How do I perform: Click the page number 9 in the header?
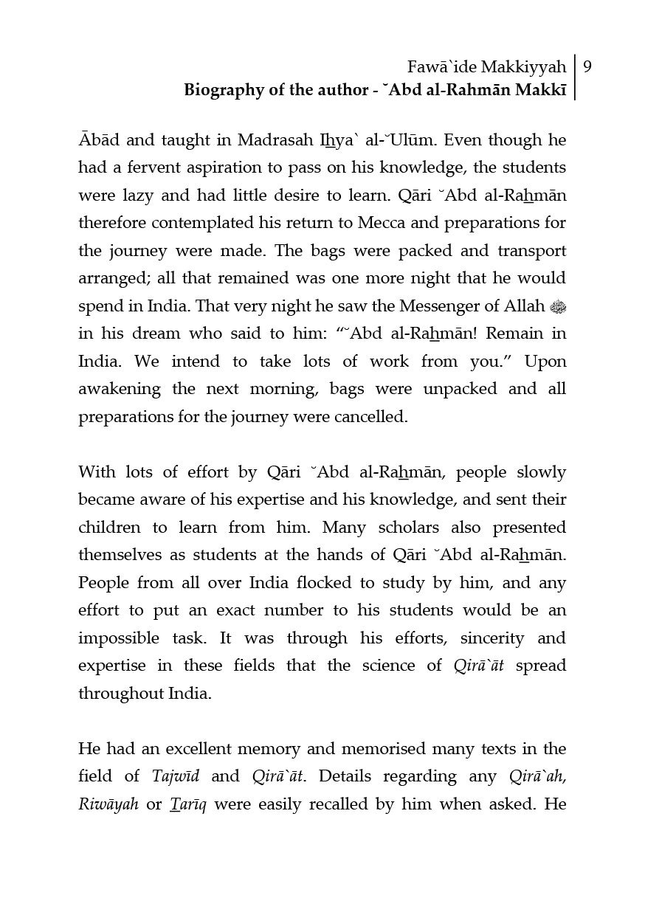click(x=587, y=67)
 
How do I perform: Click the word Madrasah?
click(x=274, y=140)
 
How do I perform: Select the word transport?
click(x=531, y=251)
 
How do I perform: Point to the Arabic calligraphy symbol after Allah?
click(x=557, y=306)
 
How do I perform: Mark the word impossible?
click(x=120, y=638)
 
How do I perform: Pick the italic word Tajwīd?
click(x=176, y=776)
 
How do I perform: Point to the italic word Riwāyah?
click(x=108, y=804)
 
